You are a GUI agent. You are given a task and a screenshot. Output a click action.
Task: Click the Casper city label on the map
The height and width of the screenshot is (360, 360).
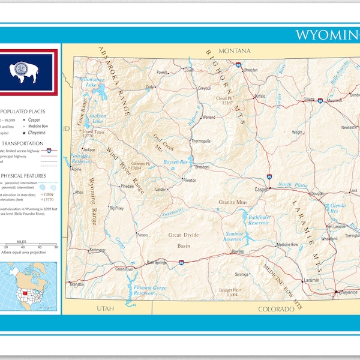[260, 190]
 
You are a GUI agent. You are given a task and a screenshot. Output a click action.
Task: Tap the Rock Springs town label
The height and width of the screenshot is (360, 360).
[157, 262]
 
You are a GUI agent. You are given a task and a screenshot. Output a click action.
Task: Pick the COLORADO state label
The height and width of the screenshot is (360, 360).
[276, 309]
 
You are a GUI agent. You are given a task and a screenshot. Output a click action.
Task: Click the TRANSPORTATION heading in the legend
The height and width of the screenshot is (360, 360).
[22, 143]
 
